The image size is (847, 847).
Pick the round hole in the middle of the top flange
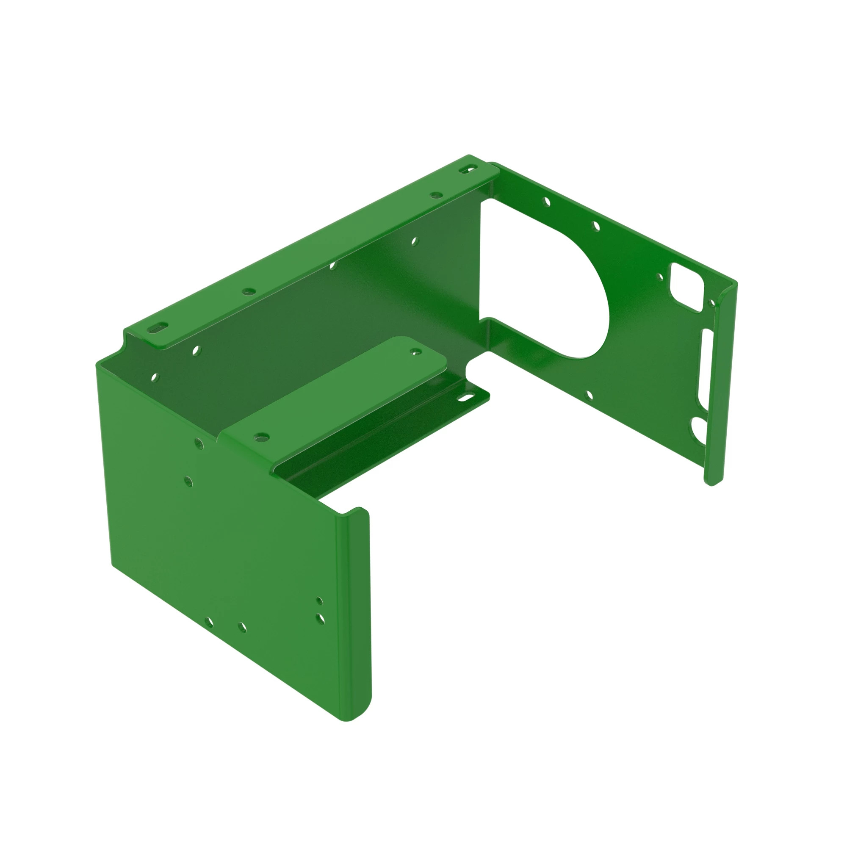[249, 291]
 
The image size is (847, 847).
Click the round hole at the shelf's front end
[262, 436]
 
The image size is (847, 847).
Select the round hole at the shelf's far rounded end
[414, 351]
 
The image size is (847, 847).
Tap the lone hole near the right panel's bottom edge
[589, 396]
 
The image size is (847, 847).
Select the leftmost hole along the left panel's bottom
[209, 622]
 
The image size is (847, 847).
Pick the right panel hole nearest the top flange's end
[546, 202]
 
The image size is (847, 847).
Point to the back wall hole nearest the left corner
[155, 377]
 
